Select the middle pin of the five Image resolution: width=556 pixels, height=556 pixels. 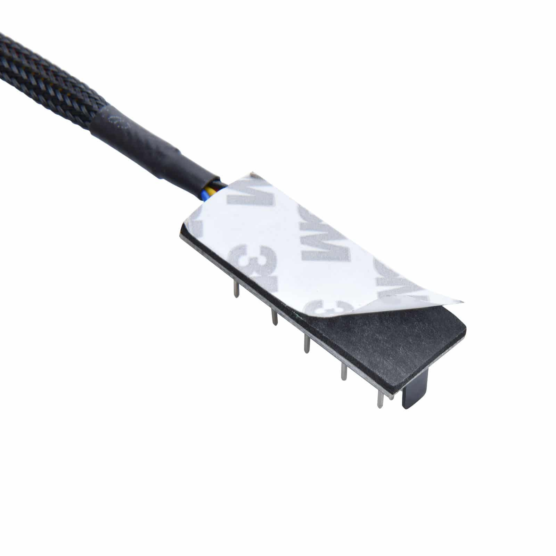point(306,344)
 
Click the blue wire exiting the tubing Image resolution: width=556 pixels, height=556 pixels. point(207,196)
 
